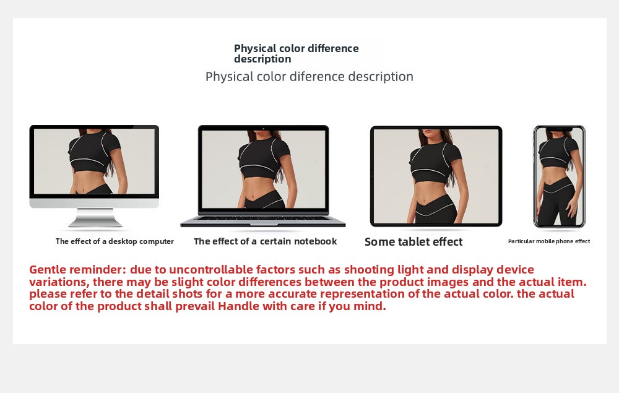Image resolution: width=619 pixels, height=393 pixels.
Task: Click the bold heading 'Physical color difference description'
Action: point(296,54)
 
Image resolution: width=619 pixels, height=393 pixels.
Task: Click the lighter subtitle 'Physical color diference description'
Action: point(309,77)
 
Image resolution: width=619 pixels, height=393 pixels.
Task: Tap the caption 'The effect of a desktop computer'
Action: point(115,241)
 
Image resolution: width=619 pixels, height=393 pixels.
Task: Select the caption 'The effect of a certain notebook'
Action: point(266,241)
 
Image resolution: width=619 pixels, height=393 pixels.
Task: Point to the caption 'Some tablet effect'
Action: point(413,242)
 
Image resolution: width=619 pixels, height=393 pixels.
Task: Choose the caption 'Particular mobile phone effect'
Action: point(548,241)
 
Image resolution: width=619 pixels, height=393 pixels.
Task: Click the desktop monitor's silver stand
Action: point(95,217)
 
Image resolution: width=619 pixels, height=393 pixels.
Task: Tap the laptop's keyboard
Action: point(263,218)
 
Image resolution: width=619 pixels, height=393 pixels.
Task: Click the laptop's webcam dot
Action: point(263,128)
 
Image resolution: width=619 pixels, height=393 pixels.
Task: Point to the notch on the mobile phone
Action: point(560,129)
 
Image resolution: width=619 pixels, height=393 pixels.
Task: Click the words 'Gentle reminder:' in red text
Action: point(77,270)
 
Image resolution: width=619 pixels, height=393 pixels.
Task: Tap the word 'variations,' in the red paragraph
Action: point(59,282)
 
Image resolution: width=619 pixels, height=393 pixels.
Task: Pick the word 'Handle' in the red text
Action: point(238,306)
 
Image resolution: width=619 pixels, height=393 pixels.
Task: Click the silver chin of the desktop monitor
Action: point(94,203)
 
